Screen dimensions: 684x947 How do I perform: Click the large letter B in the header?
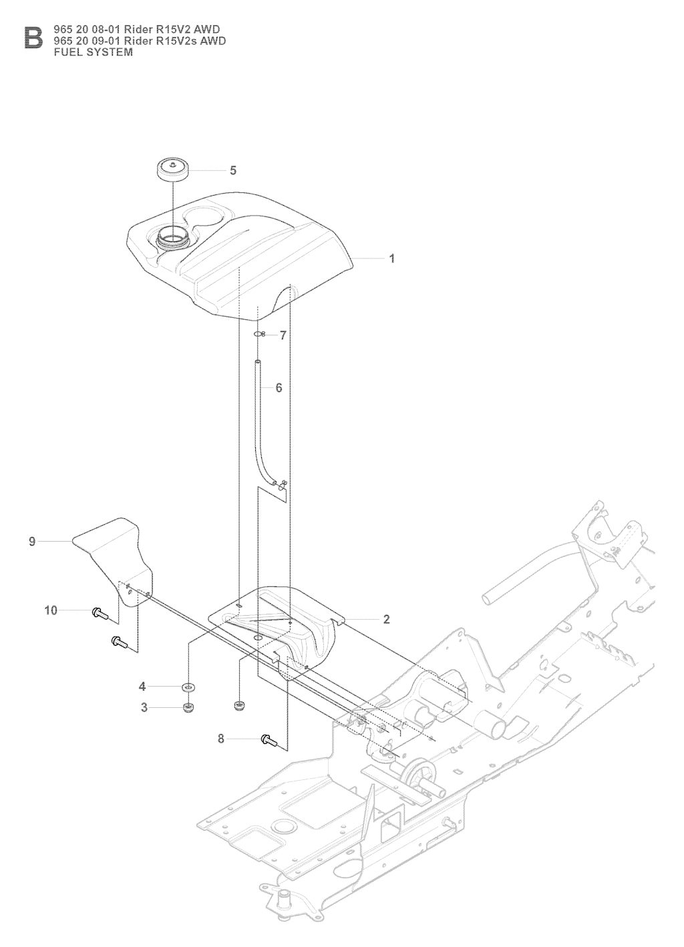(x=33, y=38)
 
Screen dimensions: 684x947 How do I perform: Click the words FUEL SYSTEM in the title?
(x=94, y=52)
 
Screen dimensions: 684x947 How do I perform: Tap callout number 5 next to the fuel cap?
(x=233, y=170)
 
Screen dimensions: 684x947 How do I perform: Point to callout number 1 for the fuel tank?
(x=392, y=258)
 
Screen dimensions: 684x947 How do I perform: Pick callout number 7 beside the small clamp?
(x=283, y=336)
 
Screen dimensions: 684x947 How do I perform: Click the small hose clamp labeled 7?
(x=259, y=335)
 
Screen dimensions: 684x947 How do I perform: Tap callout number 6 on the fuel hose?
(x=279, y=387)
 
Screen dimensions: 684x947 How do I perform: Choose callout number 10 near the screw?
(x=51, y=610)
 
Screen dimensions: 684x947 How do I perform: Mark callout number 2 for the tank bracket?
(x=386, y=619)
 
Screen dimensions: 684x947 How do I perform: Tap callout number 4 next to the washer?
(x=142, y=687)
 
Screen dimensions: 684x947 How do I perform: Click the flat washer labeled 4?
(x=188, y=687)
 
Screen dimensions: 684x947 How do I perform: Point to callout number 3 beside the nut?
(x=144, y=708)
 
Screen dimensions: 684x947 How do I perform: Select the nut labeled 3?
(x=188, y=707)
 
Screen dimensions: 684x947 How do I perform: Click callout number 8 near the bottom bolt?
(x=220, y=740)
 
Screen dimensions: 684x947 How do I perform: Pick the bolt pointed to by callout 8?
(x=269, y=740)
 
